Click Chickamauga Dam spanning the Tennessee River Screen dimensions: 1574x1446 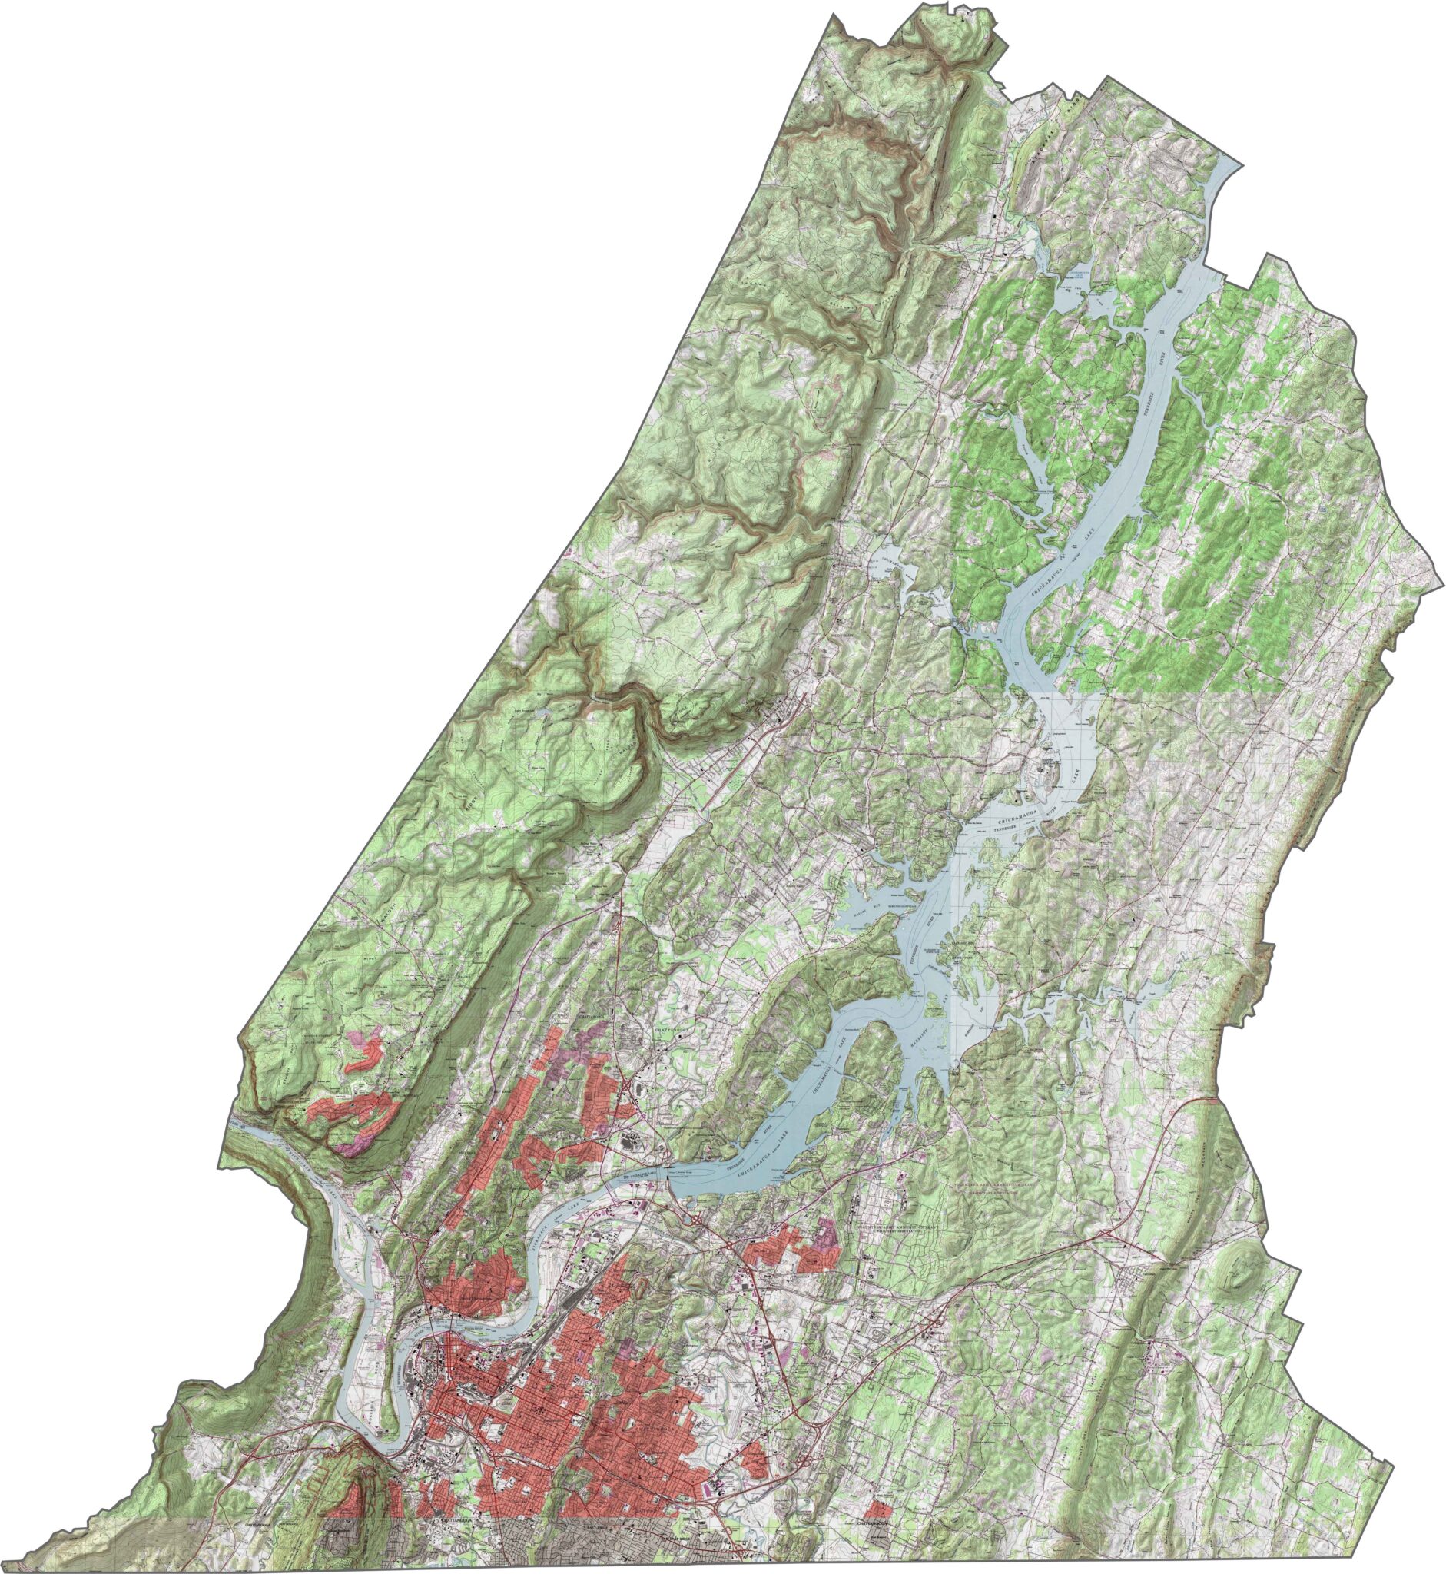point(667,1172)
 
